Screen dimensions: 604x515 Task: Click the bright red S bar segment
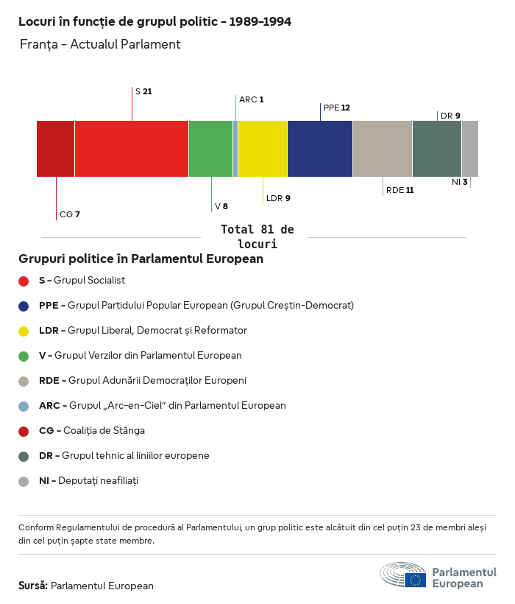tap(131, 149)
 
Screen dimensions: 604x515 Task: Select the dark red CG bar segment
tap(55, 149)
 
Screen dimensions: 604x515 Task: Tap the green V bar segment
tap(210, 149)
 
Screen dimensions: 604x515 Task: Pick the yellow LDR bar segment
tap(262, 149)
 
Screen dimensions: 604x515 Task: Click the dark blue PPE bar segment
tap(319, 149)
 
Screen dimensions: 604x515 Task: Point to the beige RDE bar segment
tap(382, 149)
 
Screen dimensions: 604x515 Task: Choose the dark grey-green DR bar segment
tap(436, 149)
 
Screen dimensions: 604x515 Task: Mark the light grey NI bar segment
tap(469, 149)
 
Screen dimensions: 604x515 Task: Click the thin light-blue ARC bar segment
tap(235, 149)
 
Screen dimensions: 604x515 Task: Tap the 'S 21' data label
tap(143, 91)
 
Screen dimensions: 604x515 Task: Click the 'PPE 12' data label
tap(336, 108)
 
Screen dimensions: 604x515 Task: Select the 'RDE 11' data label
tap(399, 190)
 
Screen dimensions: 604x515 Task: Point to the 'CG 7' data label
tap(69, 214)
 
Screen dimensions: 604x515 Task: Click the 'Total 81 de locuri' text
tap(257, 236)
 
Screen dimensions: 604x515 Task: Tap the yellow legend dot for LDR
tap(24, 331)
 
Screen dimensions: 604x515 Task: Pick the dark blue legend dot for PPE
tap(24, 306)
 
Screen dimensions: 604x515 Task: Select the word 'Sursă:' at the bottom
tap(33, 586)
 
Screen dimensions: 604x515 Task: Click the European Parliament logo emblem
tap(402, 575)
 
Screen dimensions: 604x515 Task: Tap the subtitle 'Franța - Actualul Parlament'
tap(100, 44)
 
